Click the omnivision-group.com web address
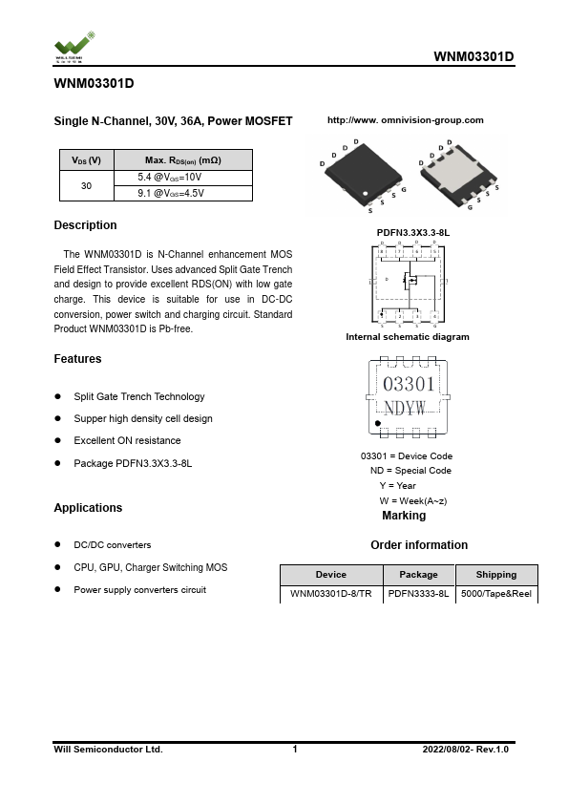click(x=405, y=120)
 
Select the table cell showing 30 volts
click(x=86, y=185)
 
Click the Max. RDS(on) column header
click(x=182, y=159)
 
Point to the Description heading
click(x=85, y=225)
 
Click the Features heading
click(x=77, y=359)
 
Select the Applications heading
click(x=88, y=508)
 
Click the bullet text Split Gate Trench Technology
click(x=138, y=396)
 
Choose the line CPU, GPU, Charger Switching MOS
click(x=150, y=567)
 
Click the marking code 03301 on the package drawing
click(x=409, y=384)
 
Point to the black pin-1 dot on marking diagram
click(x=379, y=423)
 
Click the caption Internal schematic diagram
click(x=407, y=337)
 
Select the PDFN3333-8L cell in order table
click(x=418, y=593)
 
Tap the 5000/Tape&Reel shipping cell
click(x=495, y=593)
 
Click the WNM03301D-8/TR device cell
click(x=331, y=593)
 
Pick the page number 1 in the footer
click(x=295, y=750)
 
